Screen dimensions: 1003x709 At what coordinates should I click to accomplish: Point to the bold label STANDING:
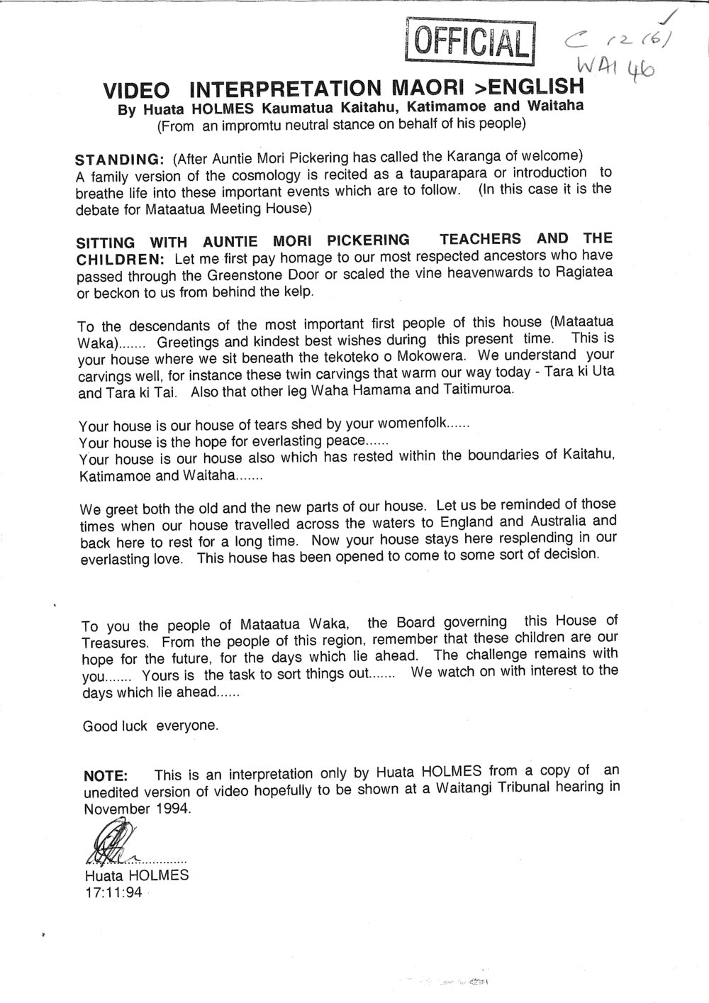click(121, 157)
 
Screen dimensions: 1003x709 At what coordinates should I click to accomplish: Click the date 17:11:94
click(113, 892)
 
